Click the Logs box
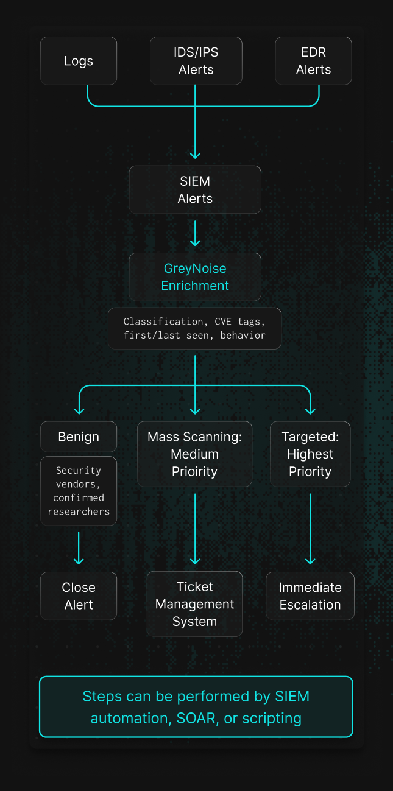(79, 61)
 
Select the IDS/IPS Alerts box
(196, 61)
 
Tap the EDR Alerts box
(313, 61)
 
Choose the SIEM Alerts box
(195, 190)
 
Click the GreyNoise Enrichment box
(195, 277)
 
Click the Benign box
(79, 437)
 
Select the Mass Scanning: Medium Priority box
(194, 454)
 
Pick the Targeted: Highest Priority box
(310, 454)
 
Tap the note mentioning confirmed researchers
(79, 491)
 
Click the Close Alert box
(79, 596)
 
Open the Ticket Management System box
(194, 604)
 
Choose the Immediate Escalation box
(310, 596)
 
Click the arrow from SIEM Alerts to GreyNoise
(195, 233)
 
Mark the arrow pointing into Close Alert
(79, 548)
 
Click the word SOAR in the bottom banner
(197, 719)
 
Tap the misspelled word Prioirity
(195, 471)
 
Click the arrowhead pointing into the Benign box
(79, 410)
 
